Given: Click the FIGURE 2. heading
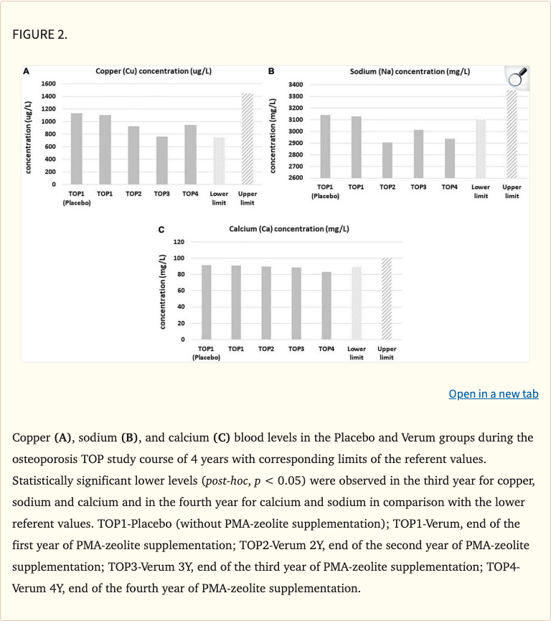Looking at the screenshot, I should click(x=40, y=34).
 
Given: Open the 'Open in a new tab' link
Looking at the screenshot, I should click(x=493, y=393).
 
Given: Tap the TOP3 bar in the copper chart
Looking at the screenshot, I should click(x=162, y=160).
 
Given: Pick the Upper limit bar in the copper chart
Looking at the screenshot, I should click(x=248, y=139).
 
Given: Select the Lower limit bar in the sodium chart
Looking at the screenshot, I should click(x=481, y=149).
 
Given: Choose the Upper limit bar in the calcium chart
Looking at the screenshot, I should click(x=387, y=298).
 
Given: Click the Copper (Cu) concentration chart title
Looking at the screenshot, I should click(x=154, y=72).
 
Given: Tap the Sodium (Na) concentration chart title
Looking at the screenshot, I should click(x=410, y=72).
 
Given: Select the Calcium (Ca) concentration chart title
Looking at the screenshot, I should click(x=289, y=229).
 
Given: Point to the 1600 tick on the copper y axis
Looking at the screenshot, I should click(x=49, y=84).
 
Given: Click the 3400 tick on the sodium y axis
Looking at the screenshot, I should click(x=296, y=85).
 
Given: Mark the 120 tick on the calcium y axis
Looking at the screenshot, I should click(x=179, y=242).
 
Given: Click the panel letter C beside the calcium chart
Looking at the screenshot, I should click(x=161, y=230).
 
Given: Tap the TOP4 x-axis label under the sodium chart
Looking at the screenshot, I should click(x=449, y=187).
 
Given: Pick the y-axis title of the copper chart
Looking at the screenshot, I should click(x=29, y=136).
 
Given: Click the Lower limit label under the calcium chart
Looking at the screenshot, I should click(x=357, y=352).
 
